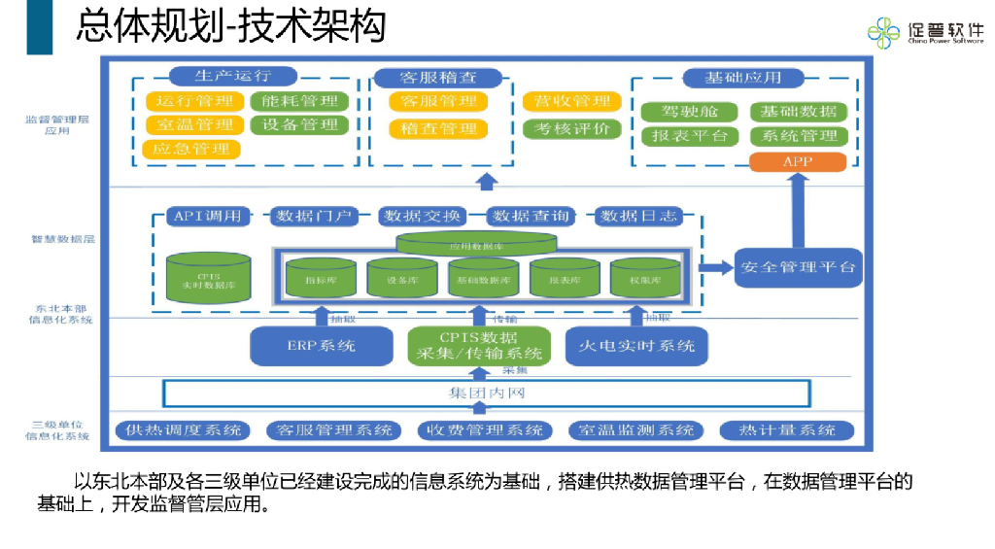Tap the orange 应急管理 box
pyautogui.click(x=192, y=149)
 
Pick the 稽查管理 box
pyautogui.click(x=438, y=128)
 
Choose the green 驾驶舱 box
pyautogui.click(x=690, y=112)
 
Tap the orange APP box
pyautogui.click(x=798, y=161)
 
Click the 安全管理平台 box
pyautogui.click(x=799, y=266)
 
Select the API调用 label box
pyautogui.click(x=207, y=216)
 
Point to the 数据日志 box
pyautogui.click(x=637, y=216)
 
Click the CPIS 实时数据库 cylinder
pyautogui.click(x=209, y=278)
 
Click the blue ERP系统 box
pyautogui.click(x=321, y=345)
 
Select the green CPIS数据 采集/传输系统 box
pyautogui.click(x=478, y=345)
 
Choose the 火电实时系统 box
pyautogui.click(x=636, y=345)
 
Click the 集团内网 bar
pyautogui.click(x=487, y=394)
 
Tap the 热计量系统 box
pyautogui.click(x=787, y=430)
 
